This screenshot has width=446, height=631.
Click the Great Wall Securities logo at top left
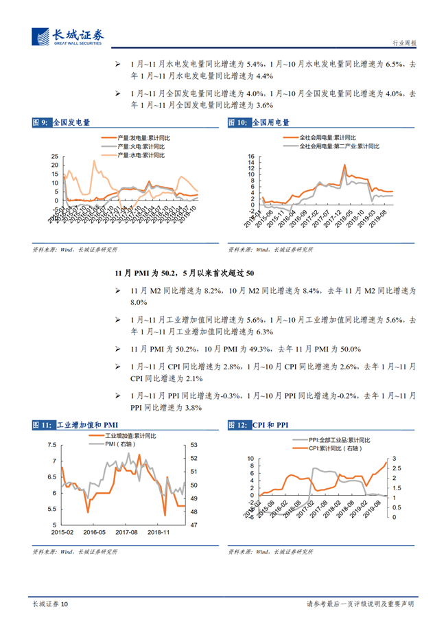[67, 36]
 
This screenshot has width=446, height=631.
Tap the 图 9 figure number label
[40, 123]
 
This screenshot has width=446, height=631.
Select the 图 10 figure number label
[237, 123]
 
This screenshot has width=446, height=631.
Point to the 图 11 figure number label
[42, 426]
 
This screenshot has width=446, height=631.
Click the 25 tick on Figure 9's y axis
[55, 157]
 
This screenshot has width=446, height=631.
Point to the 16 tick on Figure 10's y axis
[251, 157]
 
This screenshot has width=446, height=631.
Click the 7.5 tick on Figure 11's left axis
[53, 445]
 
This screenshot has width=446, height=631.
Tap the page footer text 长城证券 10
[50, 604]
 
